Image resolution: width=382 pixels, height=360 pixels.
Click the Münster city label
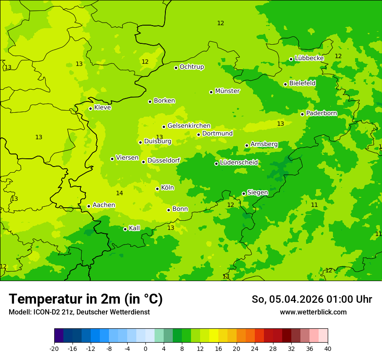pyautogui.click(x=227, y=91)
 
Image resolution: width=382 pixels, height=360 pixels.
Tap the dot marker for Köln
pyautogui.click(x=157, y=189)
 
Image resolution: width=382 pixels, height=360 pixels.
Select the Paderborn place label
pyautogui.click(x=322, y=113)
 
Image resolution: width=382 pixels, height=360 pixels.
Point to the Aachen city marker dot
pyautogui.click(x=89, y=206)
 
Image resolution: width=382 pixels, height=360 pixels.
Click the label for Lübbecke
pyautogui.click(x=310, y=58)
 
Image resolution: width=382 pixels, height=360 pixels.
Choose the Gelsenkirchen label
pyautogui.click(x=189, y=126)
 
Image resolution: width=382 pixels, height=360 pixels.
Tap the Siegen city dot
pyautogui.click(x=244, y=193)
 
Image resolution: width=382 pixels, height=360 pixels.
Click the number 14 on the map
pyautogui.click(x=119, y=193)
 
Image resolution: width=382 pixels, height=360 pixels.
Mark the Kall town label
pyautogui.click(x=135, y=228)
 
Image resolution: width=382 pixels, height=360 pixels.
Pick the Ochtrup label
pyautogui.click(x=192, y=67)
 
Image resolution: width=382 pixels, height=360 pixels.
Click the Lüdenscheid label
pyautogui.click(x=239, y=163)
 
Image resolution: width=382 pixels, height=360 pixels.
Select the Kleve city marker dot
pyautogui.click(x=90, y=108)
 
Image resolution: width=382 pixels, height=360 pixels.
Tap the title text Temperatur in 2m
pyautogui.click(x=86, y=299)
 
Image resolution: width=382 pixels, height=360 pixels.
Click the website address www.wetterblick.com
pyautogui.click(x=313, y=312)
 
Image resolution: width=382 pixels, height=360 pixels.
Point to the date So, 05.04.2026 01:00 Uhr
pyautogui.click(x=312, y=299)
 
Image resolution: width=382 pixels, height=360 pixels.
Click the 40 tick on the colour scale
pyautogui.click(x=327, y=348)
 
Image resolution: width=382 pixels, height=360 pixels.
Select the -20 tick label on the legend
pyautogui.click(x=54, y=348)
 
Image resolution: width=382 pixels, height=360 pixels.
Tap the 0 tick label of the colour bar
pyautogui.click(x=145, y=348)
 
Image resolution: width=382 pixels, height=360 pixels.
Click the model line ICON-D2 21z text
pyautogui.click(x=79, y=312)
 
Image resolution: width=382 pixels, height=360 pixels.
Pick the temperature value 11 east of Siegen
pyautogui.click(x=314, y=205)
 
